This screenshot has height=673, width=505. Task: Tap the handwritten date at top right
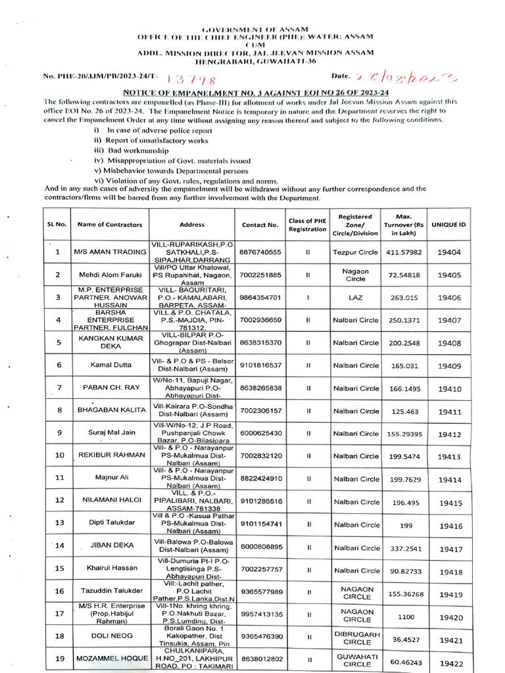pos(404,78)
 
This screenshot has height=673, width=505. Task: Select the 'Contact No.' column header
pos(260,224)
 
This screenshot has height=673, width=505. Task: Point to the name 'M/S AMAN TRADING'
pos(109,252)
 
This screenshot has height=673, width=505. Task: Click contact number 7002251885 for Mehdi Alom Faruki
pos(260,275)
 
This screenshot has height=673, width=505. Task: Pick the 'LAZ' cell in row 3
pos(355,297)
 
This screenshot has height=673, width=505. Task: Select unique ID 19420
pos(450,618)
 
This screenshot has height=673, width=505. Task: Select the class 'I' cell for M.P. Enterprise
pos(307,297)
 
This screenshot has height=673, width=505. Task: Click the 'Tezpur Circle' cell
pos(356,252)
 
